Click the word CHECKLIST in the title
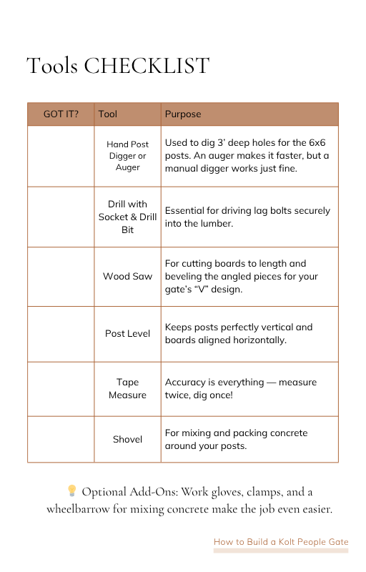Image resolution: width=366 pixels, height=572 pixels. pos(147,66)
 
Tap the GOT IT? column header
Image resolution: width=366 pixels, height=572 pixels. pos(61,114)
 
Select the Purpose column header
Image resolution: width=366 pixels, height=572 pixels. pos(183,114)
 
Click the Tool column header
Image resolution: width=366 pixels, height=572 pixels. pos(108,114)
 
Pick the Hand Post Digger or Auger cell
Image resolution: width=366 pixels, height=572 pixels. pos(127,156)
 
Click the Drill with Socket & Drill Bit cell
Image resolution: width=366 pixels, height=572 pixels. pos(127,217)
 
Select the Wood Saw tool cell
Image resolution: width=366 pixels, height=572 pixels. pos(127,276)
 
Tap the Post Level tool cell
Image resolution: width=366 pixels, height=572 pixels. pos(127,333)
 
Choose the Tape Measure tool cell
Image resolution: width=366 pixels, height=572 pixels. pos(127,388)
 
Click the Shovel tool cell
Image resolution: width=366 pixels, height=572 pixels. pos(127,439)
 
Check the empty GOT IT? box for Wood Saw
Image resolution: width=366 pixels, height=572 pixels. pos(61,276)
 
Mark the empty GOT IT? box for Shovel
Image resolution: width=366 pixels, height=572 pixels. pos(61,439)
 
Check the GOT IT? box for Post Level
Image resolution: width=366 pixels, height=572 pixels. pos(61,333)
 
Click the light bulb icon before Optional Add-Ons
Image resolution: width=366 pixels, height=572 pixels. pos(71,490)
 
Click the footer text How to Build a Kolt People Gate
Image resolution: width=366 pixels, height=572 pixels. pos(280,542)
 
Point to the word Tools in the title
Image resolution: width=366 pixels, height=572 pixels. pos(52,66)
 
